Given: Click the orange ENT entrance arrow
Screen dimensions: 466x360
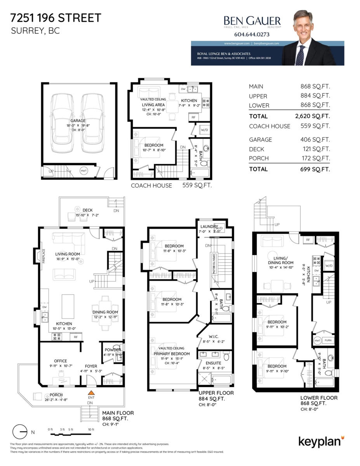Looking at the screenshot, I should (x=91, y=393).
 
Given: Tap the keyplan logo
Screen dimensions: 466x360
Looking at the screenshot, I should (x=321, y=442).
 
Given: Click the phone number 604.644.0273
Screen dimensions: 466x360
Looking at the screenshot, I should (x=252, y=34).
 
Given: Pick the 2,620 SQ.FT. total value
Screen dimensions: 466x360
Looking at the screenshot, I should (x=312, y=116).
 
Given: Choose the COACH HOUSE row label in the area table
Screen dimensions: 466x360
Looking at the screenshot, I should (x=270, y=126).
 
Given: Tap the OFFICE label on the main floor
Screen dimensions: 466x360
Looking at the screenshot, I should (x=60, y=361).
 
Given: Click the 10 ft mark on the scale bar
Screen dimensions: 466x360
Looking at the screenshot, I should (x=91, y=429).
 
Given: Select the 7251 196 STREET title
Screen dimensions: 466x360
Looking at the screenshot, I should (x=56, y=18).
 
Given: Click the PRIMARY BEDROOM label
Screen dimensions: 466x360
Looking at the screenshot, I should (x=172, y=354).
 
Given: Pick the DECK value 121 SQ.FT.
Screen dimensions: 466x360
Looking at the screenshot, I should (x=315, y=149).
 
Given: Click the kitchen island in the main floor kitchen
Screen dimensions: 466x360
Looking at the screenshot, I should (x=68, y=306).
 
